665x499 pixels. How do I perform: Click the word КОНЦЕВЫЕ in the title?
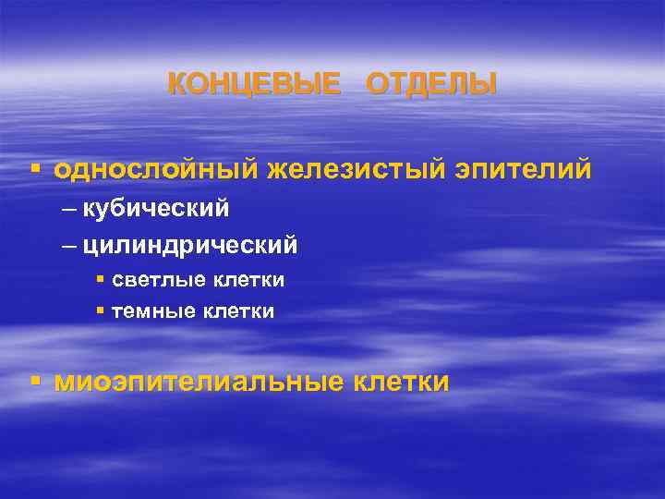[x=253, y=85]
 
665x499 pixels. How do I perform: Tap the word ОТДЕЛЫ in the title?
[x=431, y=85]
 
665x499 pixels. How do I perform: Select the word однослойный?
[x=157, y=171]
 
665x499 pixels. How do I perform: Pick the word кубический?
[x=156, y=209]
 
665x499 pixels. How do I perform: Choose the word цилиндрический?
[x=190, y=246]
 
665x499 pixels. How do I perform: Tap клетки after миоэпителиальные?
[x=401, y=381]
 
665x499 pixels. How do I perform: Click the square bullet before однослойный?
[x=34, y=170]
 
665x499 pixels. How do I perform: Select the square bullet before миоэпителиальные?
[x=34, y=380]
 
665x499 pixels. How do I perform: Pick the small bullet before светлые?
[x=100, y=278]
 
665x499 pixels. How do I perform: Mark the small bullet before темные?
[x=100, y=310]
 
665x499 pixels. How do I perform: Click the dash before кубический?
[x=71, y=210]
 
